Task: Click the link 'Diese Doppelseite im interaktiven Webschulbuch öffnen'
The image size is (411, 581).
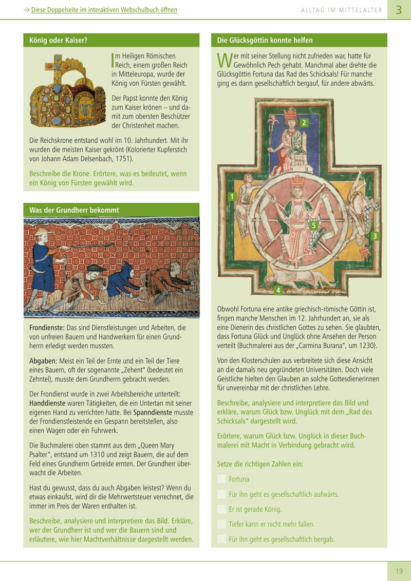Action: [x=104, y=10]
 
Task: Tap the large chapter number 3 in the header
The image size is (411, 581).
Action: [x=399, y=10]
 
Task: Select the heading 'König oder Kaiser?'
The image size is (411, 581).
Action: [x=59, y=40]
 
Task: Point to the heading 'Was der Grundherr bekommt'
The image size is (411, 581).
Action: [x=74, y=210]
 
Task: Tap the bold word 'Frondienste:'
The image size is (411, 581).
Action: [x=47, y=327]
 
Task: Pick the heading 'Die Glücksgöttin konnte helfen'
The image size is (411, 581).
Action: [x=265, y=40]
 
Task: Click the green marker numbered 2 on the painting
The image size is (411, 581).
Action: [x=304, y=122]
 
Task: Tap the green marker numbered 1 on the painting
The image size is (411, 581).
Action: [x=232, y=196]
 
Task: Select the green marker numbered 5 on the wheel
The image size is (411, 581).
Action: [x=314, y=225]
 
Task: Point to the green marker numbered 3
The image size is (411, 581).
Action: [x=375, y=236]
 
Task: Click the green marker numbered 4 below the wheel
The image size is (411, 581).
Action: [x=278, y=290]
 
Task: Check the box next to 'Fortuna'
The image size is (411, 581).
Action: [x=221, y=479]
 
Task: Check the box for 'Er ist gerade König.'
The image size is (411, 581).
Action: [x=221, y=509]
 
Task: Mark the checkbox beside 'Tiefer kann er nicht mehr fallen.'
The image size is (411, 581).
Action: [x=221, y=524]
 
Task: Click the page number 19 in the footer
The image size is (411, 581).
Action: [x=399, y=571]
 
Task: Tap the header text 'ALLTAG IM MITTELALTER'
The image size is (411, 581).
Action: [x=342, y=10]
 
